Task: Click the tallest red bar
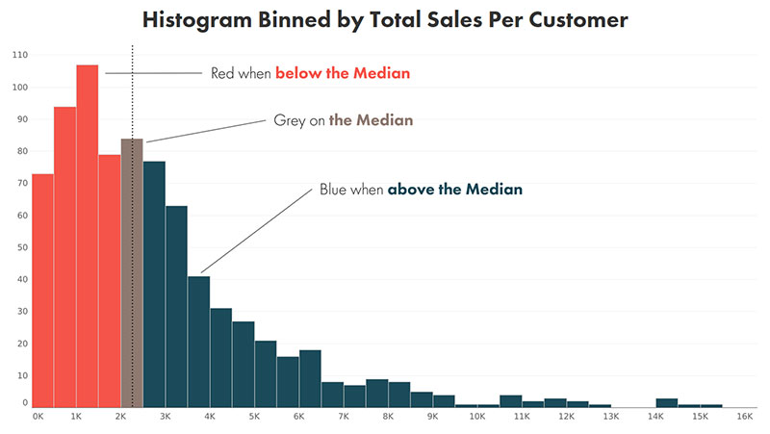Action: click(x=87, y=236)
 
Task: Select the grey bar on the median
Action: click(x=132, y=273)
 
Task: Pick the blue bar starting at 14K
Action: click(x=667, y=403)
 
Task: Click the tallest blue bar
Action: click(x=154, y=284)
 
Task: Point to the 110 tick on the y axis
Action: click(x=19, y=55)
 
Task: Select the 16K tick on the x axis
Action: click(x=744, y=417)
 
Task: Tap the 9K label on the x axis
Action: click(x=432, y=417)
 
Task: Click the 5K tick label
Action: click(x=254, y=417)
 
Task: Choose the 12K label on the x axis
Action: click(x=566, y=417)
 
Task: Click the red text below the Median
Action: click(x=343, y=73)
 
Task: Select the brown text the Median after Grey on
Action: click(x=371, y=120)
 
